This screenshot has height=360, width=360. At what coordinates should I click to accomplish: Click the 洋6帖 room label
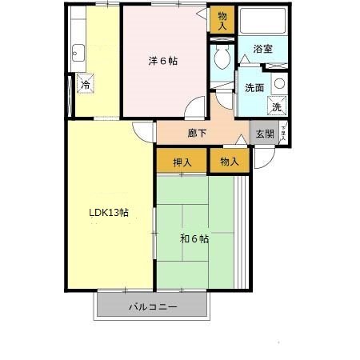coord(162,60)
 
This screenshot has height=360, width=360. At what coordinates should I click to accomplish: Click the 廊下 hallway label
coord(198,134)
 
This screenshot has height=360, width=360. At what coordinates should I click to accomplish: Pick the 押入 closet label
coord(182,162)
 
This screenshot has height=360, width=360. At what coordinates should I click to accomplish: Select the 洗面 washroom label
coord(254,88)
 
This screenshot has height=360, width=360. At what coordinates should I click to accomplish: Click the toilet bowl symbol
coord(222,58)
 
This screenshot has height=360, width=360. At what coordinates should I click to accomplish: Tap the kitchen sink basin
coord(78,54)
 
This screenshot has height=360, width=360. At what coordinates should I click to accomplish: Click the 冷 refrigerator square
coord(84,85)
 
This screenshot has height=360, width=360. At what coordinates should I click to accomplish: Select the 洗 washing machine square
coord(275,106)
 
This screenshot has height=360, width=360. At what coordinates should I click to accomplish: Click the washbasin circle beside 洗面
coord(278,82)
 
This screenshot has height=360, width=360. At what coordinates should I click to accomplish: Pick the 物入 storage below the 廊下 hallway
coord(230,162)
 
